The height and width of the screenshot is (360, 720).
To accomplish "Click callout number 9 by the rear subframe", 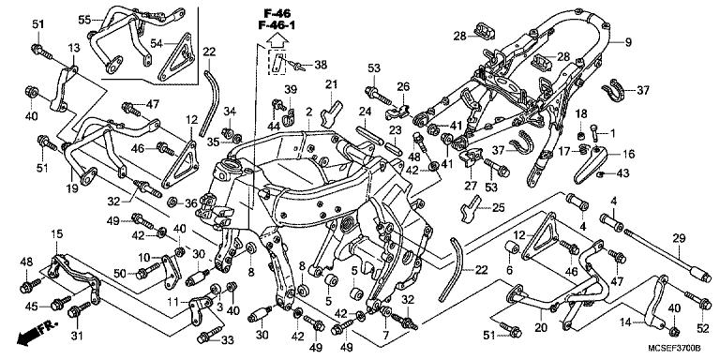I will pos(629,42).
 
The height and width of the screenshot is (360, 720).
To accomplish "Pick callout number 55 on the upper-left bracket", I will pos(83,19).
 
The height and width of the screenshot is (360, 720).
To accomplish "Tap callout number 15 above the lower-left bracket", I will pos(55,233).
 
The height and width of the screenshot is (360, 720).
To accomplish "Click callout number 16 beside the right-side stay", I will pos(627,153).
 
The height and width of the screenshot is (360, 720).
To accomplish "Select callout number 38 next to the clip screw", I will pos(321,66).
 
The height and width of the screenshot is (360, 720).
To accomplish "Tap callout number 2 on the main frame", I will pos(307,113).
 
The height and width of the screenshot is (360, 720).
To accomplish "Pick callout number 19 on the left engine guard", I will pos(70,188).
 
